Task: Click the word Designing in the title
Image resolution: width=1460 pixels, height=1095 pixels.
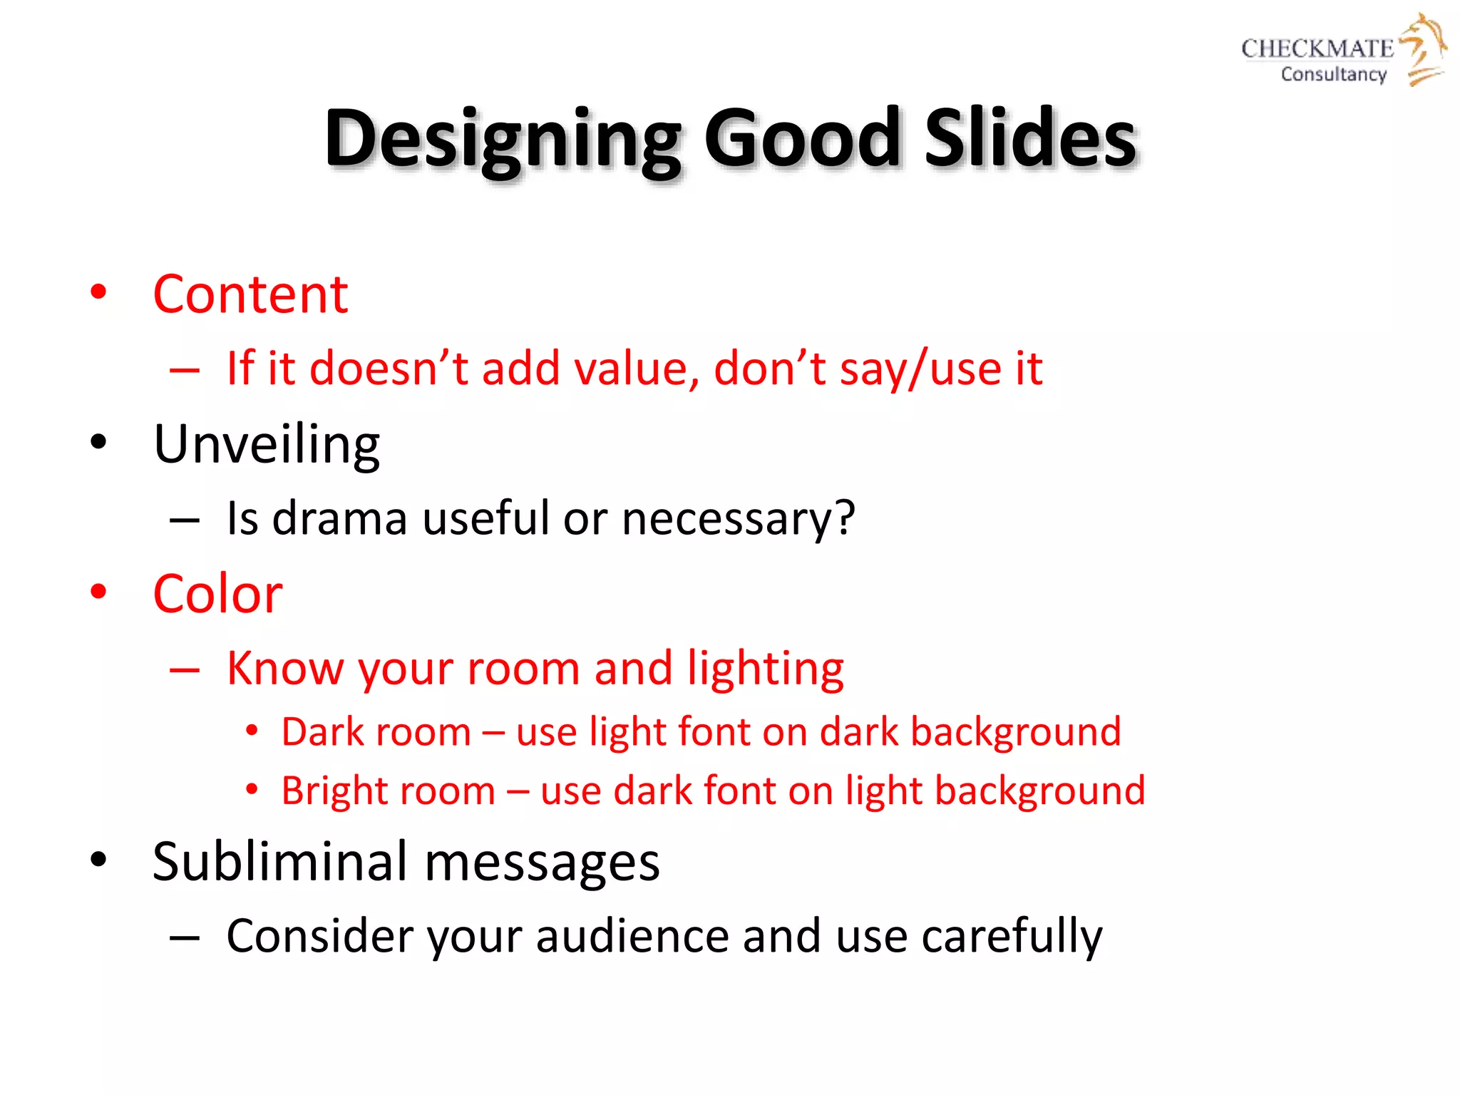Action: pyautogui.click(x=503, y=139)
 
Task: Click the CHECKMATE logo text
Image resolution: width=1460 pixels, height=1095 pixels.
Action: pyautogui.click(x=1317, y=48)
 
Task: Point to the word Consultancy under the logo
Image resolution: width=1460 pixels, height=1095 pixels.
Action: pyautogui.click(x=1333, y=74)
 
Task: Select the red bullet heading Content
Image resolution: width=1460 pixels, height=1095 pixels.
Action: pyautogui.click(x=250, y=294)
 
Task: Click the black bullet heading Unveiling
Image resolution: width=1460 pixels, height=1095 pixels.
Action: pyautogui.click(x=267, y=444)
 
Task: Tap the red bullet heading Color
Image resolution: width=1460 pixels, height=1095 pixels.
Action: pyautogui.click(x=217, y=594)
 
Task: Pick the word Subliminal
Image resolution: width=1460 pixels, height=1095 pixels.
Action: pyautogui.click(x=279, y=861)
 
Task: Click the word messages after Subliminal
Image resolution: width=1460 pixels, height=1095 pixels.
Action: pyautogui.click(x=542, y=863)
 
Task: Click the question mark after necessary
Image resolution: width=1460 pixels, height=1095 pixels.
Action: pyautogui.click(x=844, y=518)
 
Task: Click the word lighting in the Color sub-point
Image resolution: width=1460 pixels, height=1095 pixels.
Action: pyautogui.click(x=765, y=669)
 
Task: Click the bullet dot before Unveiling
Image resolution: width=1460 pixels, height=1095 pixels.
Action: pyautogui.click(x=98, y=442)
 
